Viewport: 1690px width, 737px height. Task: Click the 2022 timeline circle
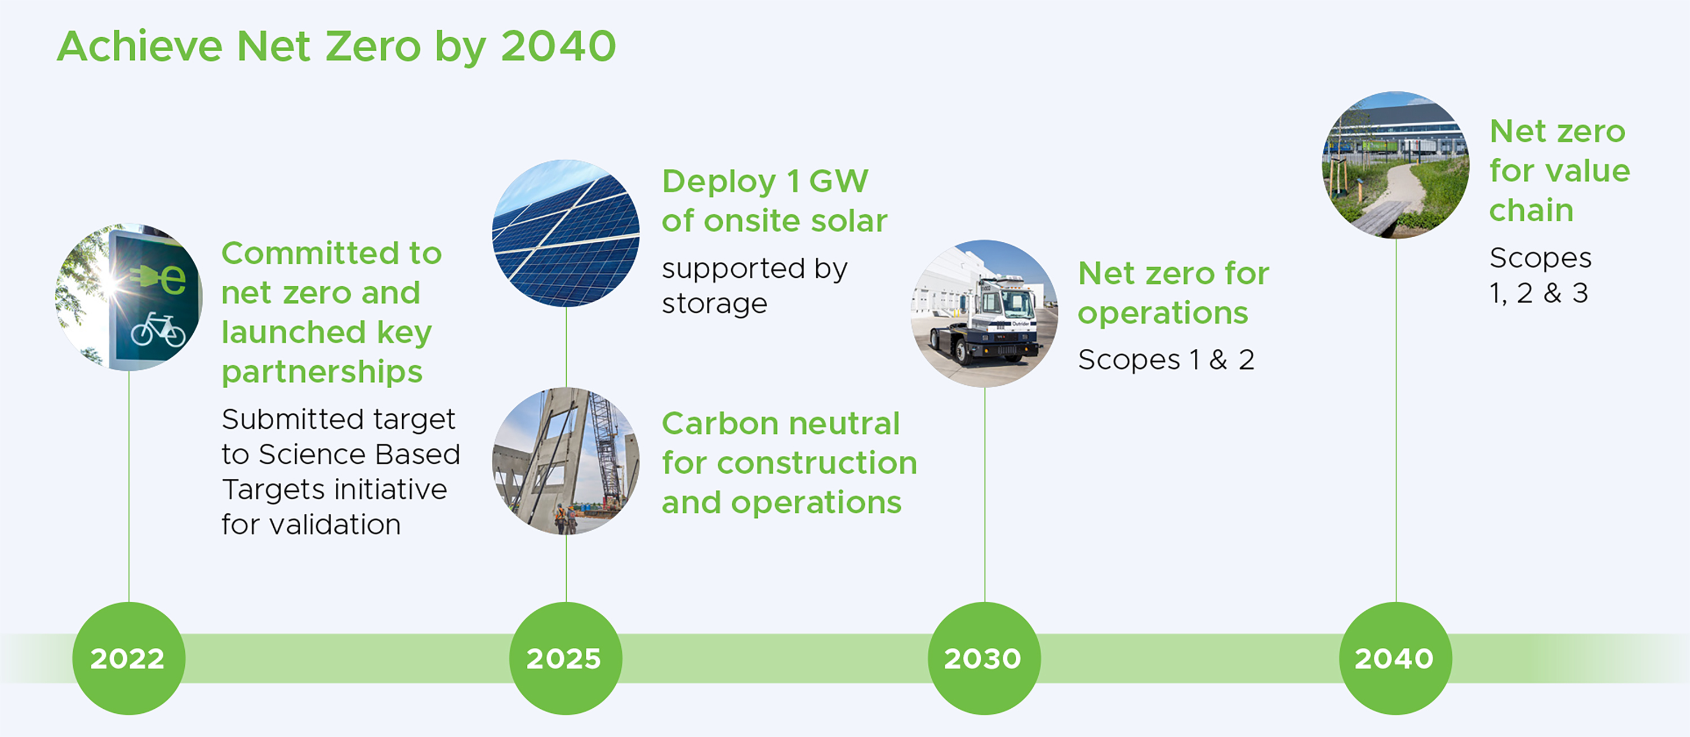[128, 658]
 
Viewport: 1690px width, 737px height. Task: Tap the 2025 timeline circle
[566, 658]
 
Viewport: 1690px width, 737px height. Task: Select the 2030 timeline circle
[984, 658]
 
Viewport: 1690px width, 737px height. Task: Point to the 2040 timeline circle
[1395, 658]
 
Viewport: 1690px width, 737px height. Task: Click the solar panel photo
[566, 233]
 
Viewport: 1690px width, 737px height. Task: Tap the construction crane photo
[566, 461]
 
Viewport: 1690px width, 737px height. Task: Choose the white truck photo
[984, 313]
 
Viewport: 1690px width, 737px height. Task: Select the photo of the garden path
[1395, 165]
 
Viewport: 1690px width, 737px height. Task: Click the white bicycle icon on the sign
[158, 330]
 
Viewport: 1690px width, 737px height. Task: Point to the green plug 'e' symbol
[158, 278]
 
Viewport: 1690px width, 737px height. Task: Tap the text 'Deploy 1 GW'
[765, 181]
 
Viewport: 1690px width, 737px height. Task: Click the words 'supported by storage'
[754, 286]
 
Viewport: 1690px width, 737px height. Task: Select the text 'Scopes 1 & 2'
[1166, 359]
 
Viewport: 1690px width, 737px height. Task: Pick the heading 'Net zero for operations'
[1173, 292]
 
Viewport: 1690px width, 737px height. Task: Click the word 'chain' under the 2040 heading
[1531, 211]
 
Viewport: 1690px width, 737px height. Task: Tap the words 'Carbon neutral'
[781, 423]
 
